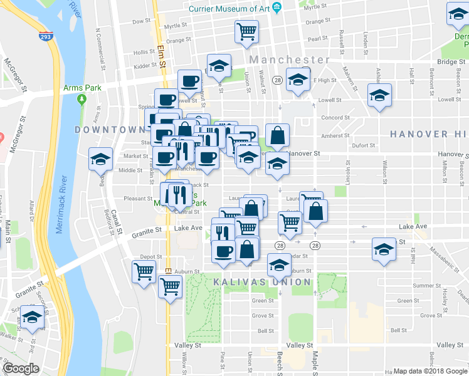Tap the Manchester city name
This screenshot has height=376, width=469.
[288, 60]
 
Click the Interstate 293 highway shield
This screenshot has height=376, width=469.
[45, 37]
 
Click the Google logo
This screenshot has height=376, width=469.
[21, 368]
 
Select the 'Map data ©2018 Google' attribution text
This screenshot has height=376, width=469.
[429, 371]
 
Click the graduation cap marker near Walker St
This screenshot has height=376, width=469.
[32, 317]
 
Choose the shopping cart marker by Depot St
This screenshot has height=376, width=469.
[144, 273]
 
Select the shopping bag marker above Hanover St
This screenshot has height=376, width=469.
[277, 134]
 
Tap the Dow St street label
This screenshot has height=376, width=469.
[142, 21]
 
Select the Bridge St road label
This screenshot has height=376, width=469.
[448, 62]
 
